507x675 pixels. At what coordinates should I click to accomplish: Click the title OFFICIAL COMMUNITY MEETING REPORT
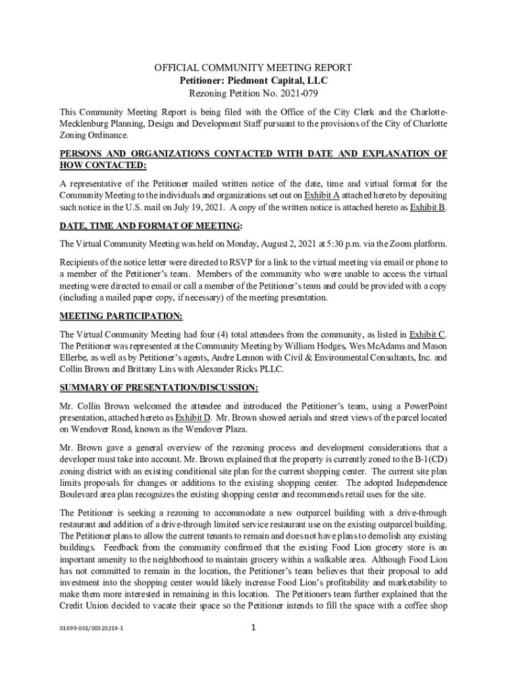point(253,68)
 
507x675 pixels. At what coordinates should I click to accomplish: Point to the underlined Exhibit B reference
point(427,208)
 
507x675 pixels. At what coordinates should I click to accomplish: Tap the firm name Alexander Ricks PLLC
point(229,370)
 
